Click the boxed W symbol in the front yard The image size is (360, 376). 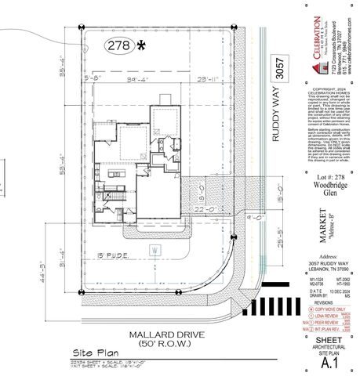[155, 250]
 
